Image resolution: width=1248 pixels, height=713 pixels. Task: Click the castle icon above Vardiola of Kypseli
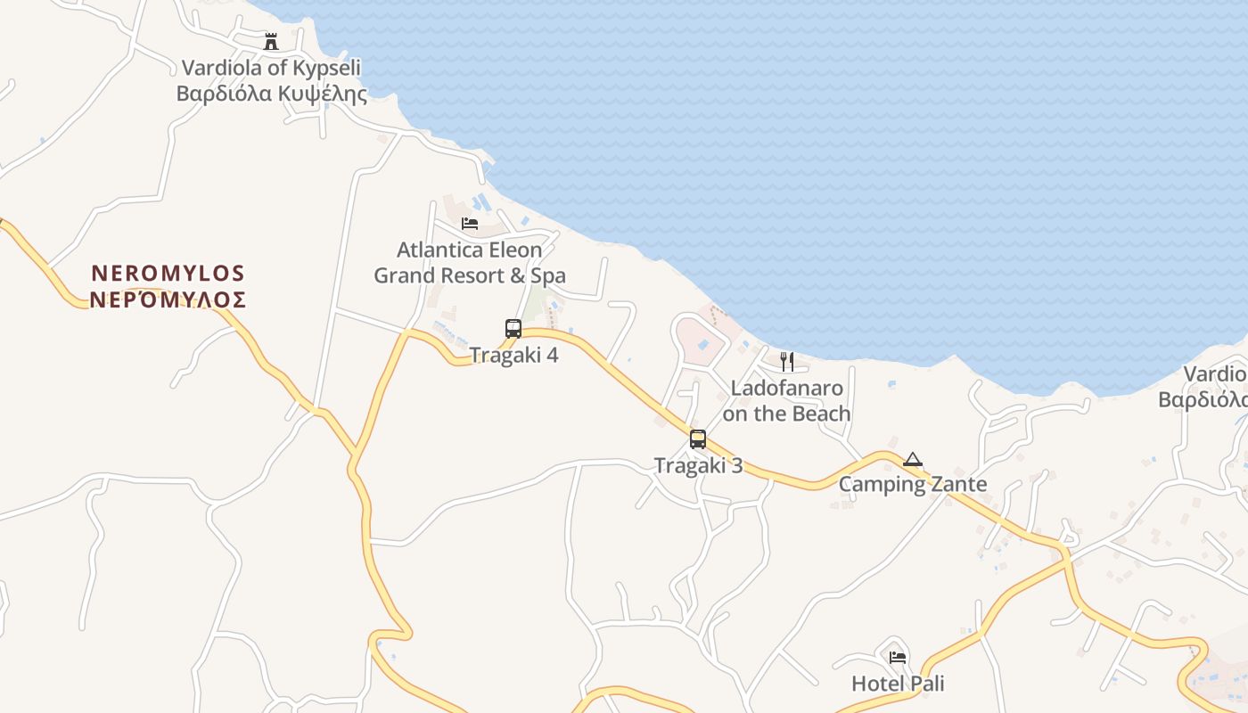pyautogui.click(x=271, y=41)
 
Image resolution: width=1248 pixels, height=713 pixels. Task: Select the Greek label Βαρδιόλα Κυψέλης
pyautogui.click(x=271, y=94)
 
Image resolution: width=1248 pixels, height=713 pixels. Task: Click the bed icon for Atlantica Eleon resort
pyautogui.click(x=470, y=223)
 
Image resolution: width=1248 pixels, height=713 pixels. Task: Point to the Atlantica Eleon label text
pyautogui.click(x=469, y=250)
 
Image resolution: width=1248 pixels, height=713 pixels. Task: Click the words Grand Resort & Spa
pyautogui.click(x=469, y=275)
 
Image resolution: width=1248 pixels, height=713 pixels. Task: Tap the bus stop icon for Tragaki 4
pyautogui.click(x=513, y=328)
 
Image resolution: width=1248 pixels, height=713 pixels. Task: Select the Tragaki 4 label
pyautogui.click(x=514, y=355)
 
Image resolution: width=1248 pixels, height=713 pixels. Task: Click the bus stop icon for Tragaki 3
pyautogui.click(x=698, y=438)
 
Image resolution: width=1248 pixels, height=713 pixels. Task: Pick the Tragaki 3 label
pyautogui.click(x=698, y=465)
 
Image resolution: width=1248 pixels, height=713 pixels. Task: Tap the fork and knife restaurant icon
pyautogui.click(x=787, y=361)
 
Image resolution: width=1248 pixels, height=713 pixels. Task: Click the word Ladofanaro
pyautogui.click(x=786, y=388)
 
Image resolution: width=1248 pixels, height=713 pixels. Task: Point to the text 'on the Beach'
pyautogui.click(x=786, y=414)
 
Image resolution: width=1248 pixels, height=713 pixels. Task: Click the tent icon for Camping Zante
pyautogui.click(x=912, y=460)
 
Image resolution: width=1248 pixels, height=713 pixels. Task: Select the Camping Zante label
pyautogui.click(x=913, y=485)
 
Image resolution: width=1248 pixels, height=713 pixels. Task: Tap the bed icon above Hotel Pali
pyautogui.click(x=898, y=658)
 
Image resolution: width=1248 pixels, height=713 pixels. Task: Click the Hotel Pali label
pyautogui.click(x=898, y=684)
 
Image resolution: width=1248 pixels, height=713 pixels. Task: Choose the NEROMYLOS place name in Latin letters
pyautogui.click(x=168, y=273)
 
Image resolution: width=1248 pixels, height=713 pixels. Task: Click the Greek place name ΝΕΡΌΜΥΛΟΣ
pyautogui.click(x=168, y=299)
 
